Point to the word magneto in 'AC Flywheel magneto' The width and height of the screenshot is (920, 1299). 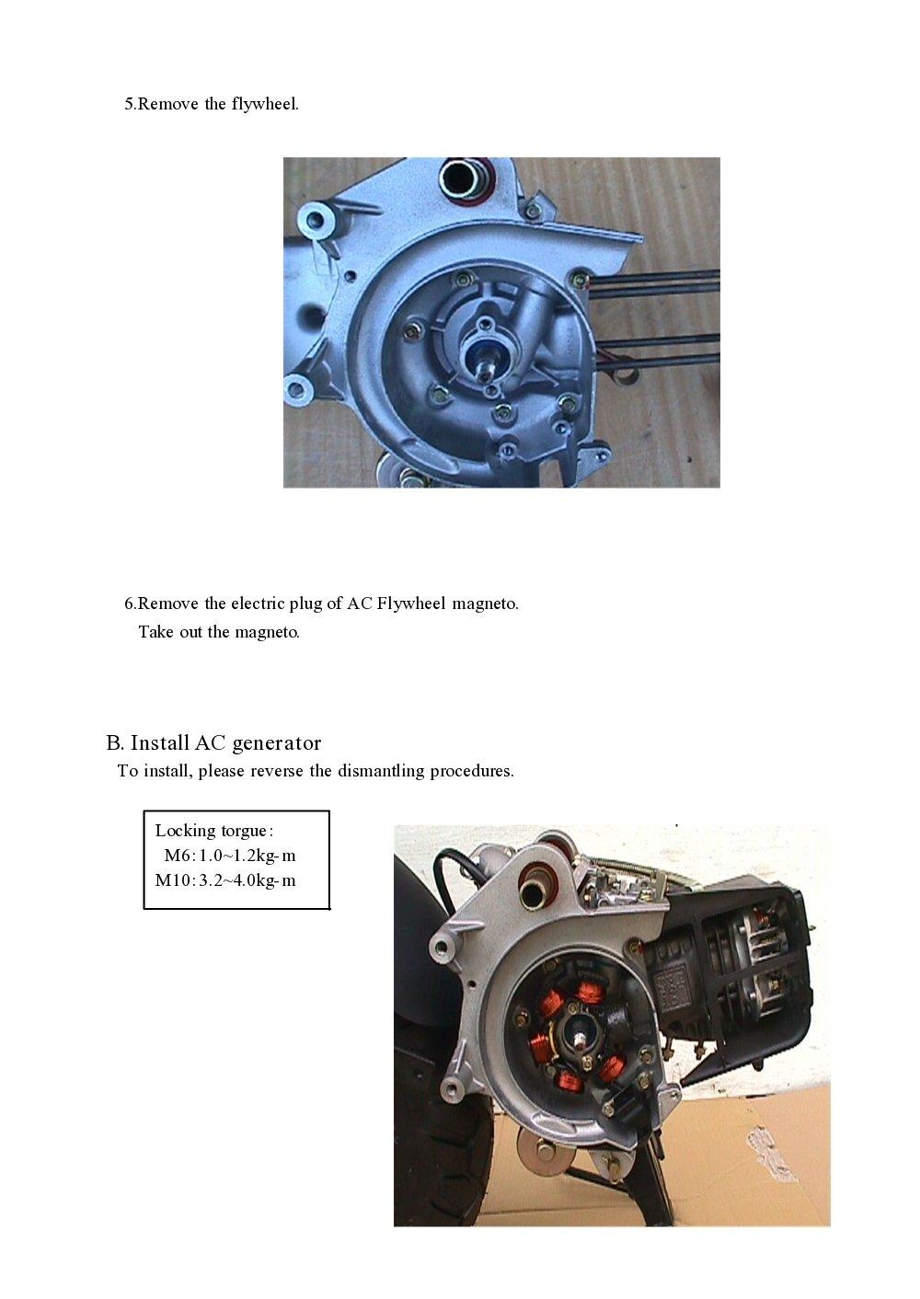pos(485,604)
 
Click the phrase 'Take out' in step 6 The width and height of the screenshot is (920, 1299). pos(170,632)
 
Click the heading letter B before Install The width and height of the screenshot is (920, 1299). pos(113,742)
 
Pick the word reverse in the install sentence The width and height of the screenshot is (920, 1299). pos(277,771)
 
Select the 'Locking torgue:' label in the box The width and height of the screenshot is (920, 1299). pos(213,831)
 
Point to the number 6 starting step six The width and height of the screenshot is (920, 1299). pos(129,604)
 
